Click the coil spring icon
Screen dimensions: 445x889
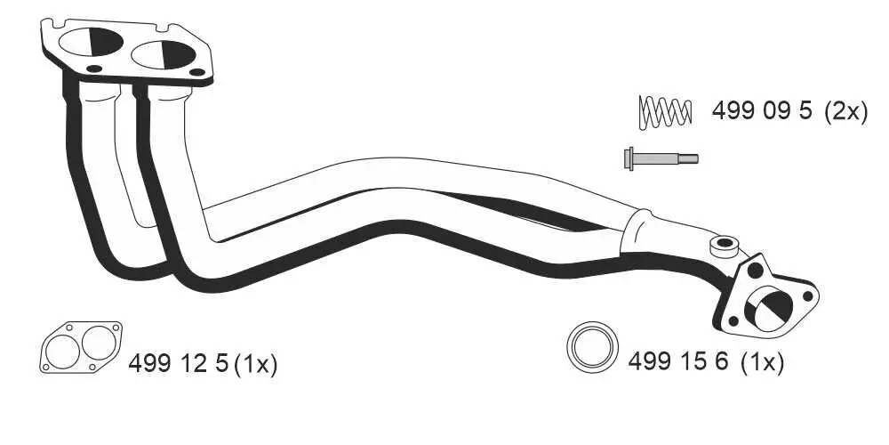point(666,111)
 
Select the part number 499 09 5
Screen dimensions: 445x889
point(762,111)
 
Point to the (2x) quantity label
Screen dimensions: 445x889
point(845,111)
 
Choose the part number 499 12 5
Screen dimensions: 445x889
point(179,363)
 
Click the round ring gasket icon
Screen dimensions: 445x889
point(593,347)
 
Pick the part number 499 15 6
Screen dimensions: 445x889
point(678,361)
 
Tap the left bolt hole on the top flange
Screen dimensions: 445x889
point(93,69)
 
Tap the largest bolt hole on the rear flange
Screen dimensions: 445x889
point(757,266)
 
